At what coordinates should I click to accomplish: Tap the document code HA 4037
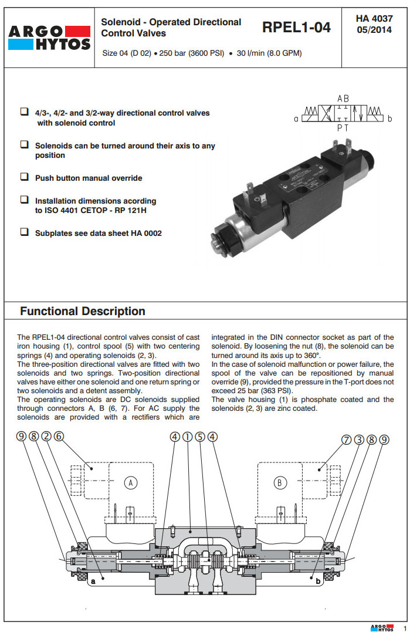pos(374,19)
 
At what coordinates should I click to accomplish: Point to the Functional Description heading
pos(83,311)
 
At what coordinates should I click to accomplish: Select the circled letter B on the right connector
pos(280,483)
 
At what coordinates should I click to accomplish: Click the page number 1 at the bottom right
pos(404,627)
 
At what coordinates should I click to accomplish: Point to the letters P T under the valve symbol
pos(343,126)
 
